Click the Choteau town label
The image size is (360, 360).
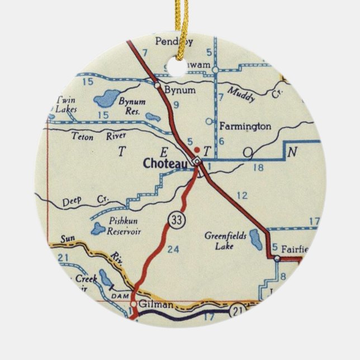167,164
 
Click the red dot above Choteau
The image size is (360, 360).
196,150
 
